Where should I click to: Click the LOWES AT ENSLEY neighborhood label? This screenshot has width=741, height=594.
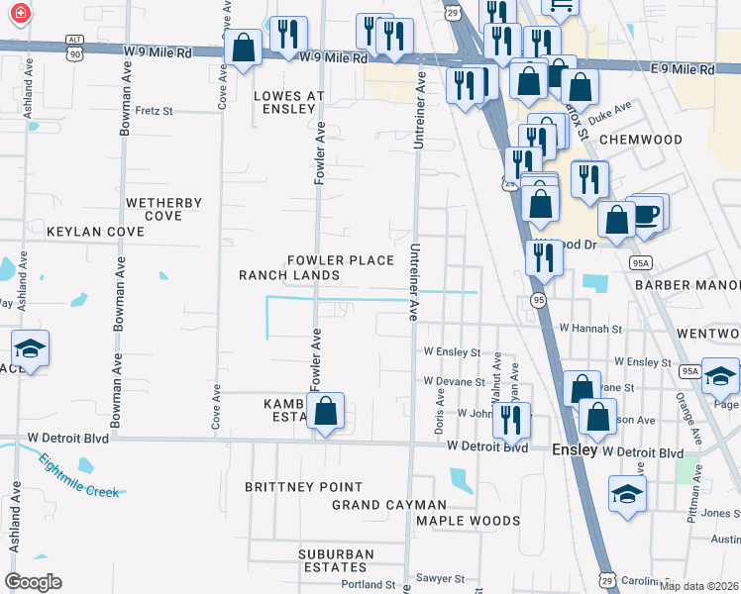[288, 102]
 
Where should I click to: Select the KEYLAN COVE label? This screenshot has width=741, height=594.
[95, 232]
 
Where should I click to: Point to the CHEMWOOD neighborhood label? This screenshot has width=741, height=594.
[640, 140]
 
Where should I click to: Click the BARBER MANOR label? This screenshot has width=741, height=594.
[688, 284]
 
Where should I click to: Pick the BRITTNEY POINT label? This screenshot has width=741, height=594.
[304, 487]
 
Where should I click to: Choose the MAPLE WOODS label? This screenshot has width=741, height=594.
[468, 521]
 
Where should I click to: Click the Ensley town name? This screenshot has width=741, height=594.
[575, 449]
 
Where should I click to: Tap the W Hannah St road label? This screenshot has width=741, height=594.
[589, 328]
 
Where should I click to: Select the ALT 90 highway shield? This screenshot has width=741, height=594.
[74, 45]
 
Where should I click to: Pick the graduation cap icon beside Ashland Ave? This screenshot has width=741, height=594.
[30, 348]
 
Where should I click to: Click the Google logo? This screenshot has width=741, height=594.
[33, 581]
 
